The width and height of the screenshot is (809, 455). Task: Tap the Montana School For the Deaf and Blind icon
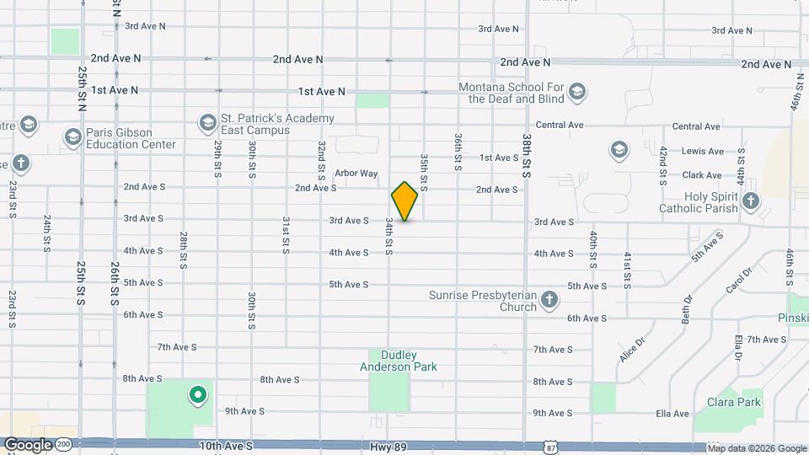tap(577, 91)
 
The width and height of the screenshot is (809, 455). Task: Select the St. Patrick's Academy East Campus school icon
tap(207, 124)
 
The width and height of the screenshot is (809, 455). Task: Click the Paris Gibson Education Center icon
tap(72, 136)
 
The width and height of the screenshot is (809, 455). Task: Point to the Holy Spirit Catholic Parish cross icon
tap(750, 201)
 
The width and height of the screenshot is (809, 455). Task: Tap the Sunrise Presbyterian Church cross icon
tap(549, 300)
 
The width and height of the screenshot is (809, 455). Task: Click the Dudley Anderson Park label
tap(398, 361)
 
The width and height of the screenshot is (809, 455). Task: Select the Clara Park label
tap(733, 402)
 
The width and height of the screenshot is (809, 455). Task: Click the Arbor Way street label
tap(356, 174)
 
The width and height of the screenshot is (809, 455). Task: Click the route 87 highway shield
tap(550, 445)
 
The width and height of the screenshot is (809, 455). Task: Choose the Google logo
tap(28, 445)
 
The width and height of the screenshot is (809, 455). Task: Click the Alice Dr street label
tap(631, 348)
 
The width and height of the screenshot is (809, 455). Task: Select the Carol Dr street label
tap(738, 281)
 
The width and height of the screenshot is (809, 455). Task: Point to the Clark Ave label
tap(702, 175)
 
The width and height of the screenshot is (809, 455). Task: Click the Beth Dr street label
tap(688, 309)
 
